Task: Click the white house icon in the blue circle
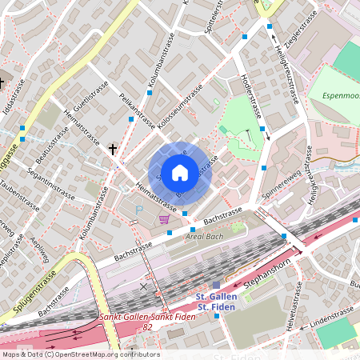pyautogui.click(x=180, y=172)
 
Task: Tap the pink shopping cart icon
pyautogui.click(x=164, y=218)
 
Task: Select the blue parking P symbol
pyautogui.click(x=138, y=209)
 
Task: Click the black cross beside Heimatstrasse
pyautogui.click(x=113, y=149)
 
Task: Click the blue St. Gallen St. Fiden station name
pyautogui.click(x=215, y=302)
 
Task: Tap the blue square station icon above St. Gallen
pyautogui.click(x=216, y=285)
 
